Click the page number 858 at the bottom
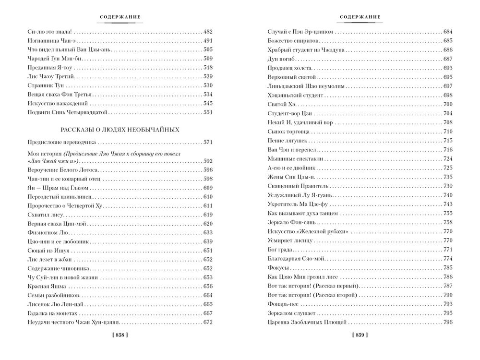point(120,335)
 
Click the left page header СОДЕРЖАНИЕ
point(120,17)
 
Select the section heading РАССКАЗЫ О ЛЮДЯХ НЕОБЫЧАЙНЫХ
point(120,130)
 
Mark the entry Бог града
point(281,249)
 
